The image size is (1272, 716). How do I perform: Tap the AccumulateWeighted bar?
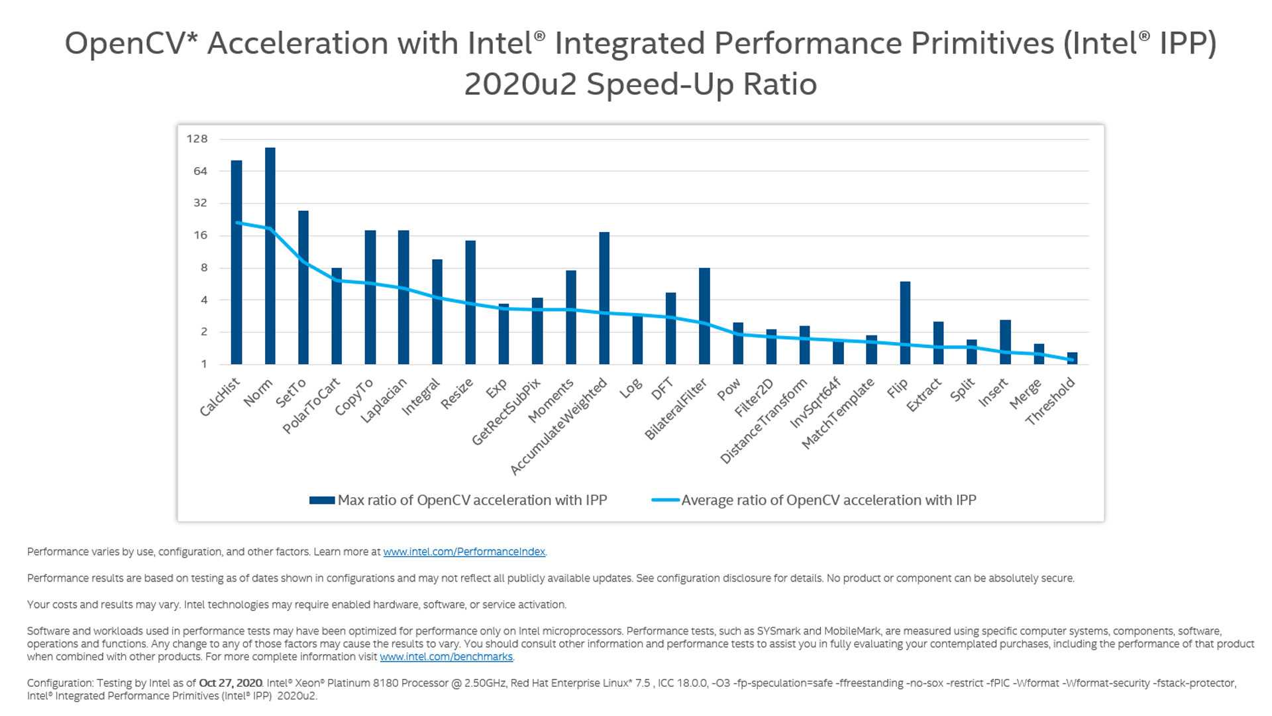(604, 298)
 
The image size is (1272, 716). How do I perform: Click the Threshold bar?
(1072, 359)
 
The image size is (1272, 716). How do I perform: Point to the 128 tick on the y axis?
(197, 139)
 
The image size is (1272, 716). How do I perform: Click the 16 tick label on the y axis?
(200, 235)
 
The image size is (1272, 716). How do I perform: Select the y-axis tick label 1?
(204, 364)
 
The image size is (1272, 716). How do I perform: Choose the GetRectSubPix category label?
(506, 412)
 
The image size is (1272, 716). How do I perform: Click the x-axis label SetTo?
(291, 393)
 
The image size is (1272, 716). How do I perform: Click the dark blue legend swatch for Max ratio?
(322, 501)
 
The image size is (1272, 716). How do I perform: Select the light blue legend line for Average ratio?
(665, 501)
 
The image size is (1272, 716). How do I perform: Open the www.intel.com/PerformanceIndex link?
(464, 552)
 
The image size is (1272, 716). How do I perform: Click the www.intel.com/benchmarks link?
(446, 657)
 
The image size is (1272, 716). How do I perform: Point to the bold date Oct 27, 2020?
(231, 683)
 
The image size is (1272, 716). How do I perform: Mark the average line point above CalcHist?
(237, 223)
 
